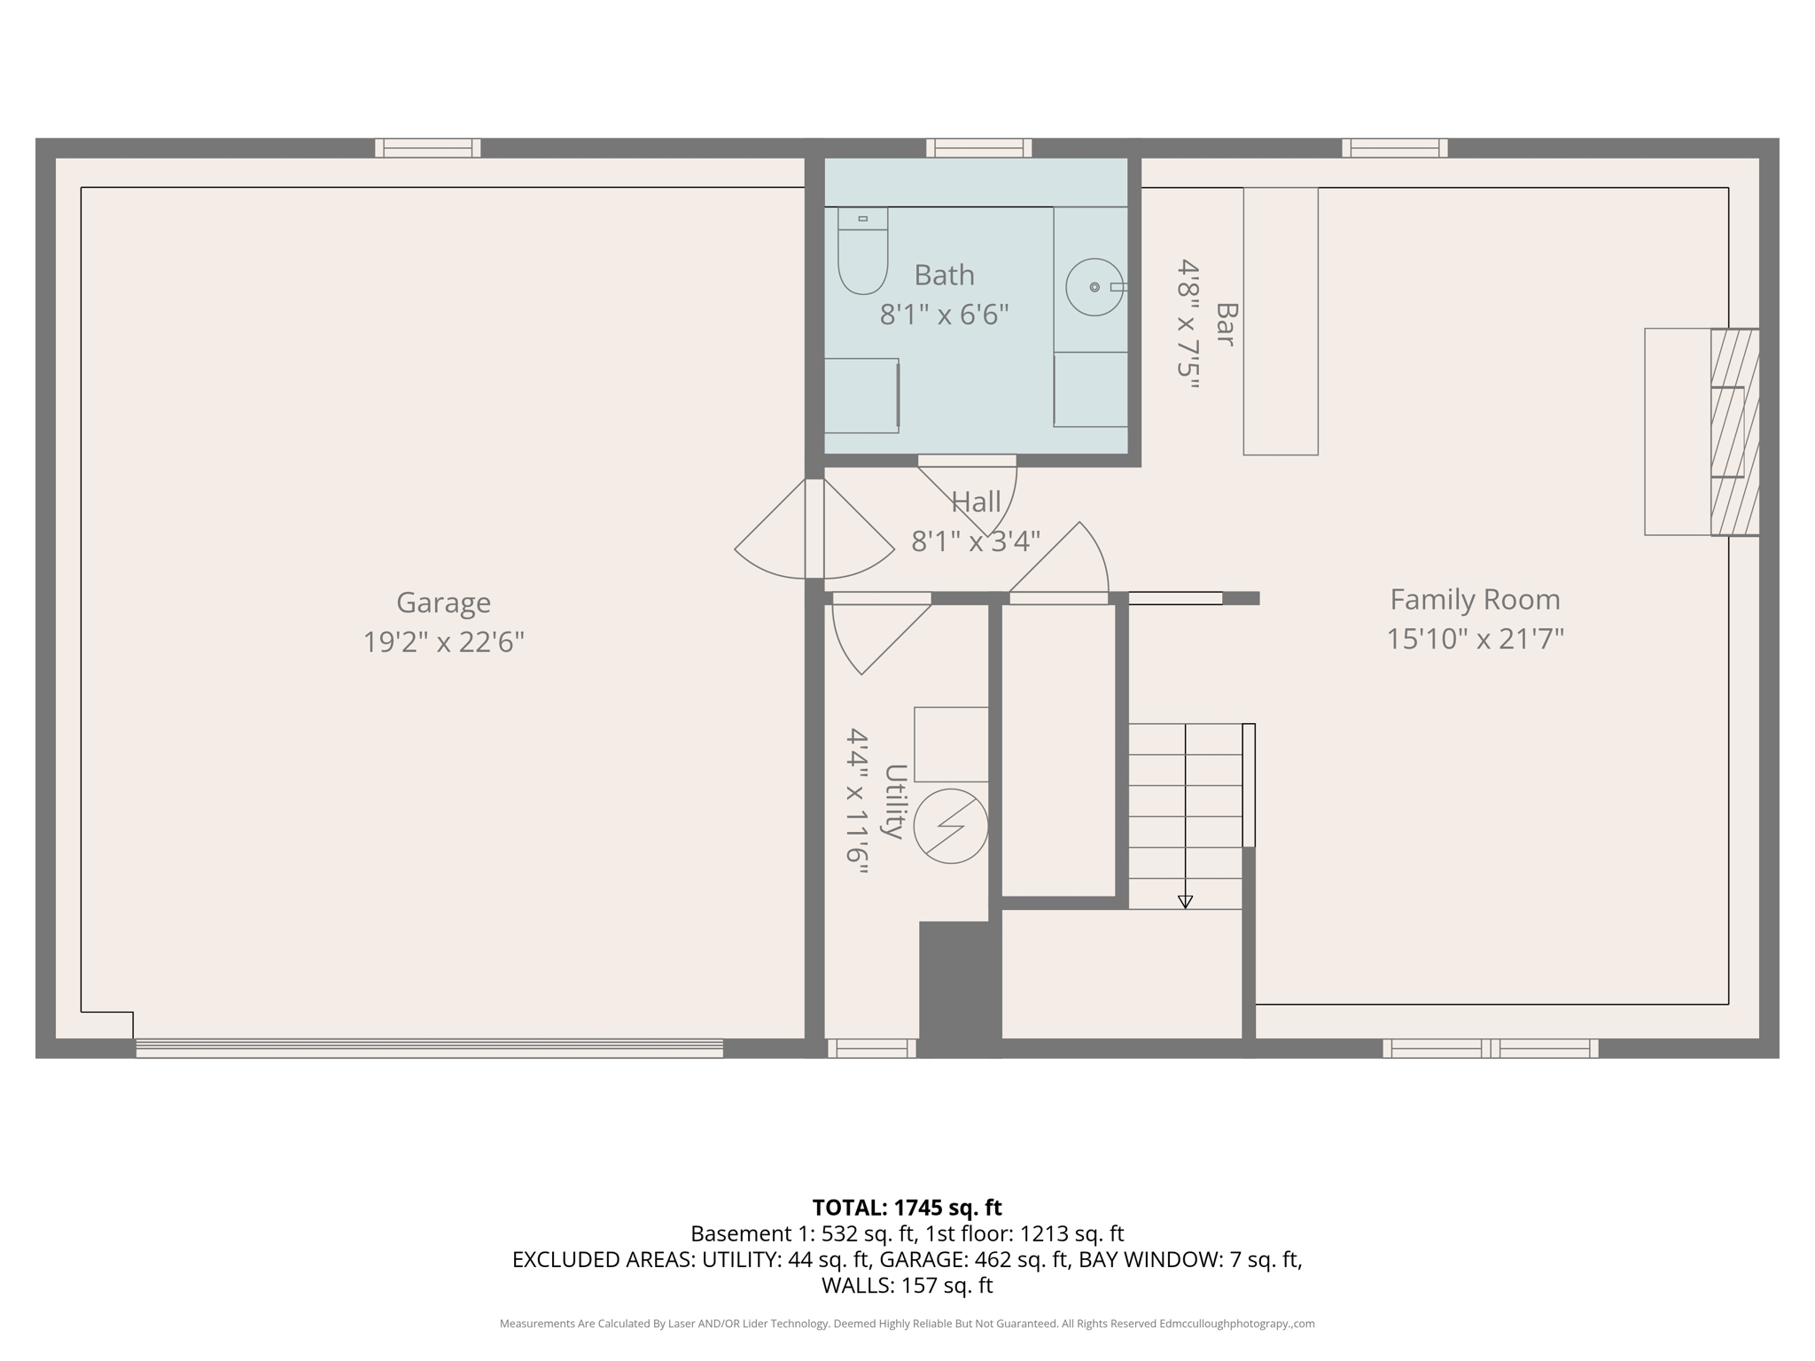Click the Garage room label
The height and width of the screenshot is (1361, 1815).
click(443, 603)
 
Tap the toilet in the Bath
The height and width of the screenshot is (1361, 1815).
click(862, 252)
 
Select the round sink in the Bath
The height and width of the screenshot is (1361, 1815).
click(1094, 287)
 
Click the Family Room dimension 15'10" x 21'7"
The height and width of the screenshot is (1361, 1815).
click(1475, 639)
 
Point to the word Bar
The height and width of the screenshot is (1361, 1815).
click(1226, 324)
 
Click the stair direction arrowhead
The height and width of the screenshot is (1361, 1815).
click(1185, 902)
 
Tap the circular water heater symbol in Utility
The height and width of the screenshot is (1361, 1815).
click(951, 826)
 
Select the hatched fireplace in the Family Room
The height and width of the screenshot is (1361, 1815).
click(1733, 432)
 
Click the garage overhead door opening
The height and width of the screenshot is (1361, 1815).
click(429, 1048)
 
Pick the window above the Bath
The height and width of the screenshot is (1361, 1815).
click(978, 148)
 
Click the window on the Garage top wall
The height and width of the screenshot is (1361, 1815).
click(427, 148)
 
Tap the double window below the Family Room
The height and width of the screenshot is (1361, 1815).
click(1490, 1048)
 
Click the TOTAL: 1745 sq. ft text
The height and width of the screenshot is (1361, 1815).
click(907, 1208)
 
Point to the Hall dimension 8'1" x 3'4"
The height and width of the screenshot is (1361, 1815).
click(976, 541)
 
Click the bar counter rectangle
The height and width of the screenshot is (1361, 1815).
click(1280, 321)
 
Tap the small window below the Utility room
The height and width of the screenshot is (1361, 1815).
click(872, 1048)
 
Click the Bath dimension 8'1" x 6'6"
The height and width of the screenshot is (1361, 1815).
click(944, 315)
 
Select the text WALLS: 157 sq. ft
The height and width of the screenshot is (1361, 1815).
click(907, 1285)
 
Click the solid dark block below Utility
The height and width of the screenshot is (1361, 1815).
click(959, 987)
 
